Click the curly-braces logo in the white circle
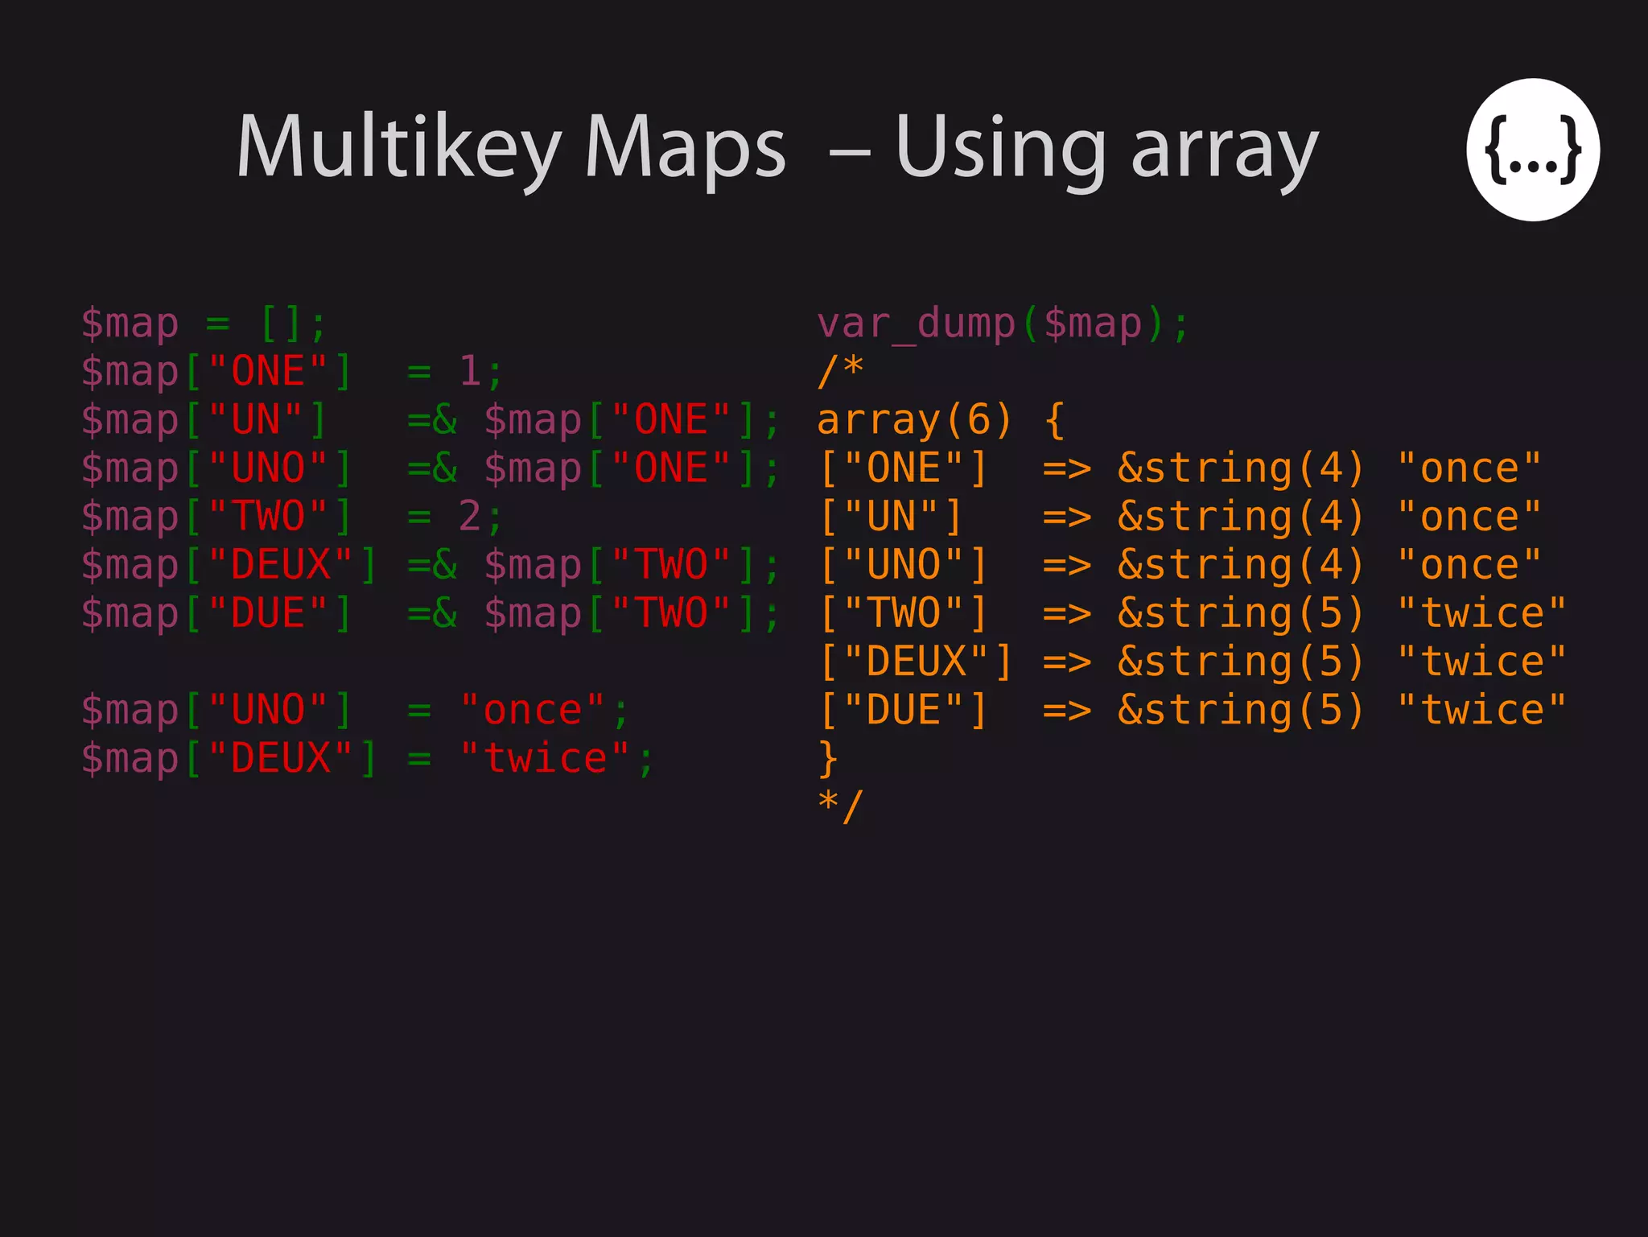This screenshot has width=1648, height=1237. (x=1532, y=150)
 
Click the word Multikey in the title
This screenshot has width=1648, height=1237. (x=398, y=149)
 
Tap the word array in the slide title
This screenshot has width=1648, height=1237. (x=1225, y=149)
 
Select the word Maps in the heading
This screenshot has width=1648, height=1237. (x=685, y=149)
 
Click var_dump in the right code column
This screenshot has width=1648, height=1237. (x=917, y=324)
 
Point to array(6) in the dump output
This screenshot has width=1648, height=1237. (x=914, y=420)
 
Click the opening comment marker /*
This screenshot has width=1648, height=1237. (x=840, y=371)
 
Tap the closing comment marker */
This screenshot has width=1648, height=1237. (x=840, y=806)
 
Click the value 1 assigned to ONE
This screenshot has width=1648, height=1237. (x=470, y=372)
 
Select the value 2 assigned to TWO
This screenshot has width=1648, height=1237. (x=470, y=517)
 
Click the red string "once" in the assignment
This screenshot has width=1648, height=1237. (x=533, y=710)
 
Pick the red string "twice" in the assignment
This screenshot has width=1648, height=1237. (x=546, y=758)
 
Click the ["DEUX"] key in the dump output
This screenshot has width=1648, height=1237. (x=916, y=662)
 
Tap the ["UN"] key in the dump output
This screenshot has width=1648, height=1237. (x=892, y=517)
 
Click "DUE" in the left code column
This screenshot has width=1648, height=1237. (x=269, y=613)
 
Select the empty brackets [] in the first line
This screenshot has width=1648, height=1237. (x=282, y=324)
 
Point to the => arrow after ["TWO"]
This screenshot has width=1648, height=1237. (x=1067, y=613)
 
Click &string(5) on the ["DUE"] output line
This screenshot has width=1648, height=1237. (x=1240, y=710)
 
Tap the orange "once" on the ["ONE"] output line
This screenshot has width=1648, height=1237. (x=1469, y=468)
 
